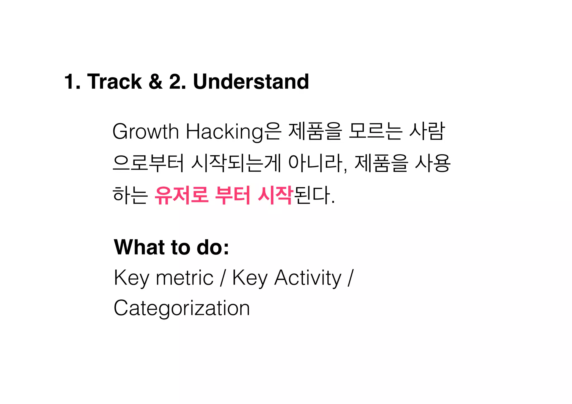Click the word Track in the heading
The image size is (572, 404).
[115, 81]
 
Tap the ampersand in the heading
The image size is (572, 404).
[156, 81]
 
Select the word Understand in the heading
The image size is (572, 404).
[251, 81]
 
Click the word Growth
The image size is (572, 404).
[145, 132]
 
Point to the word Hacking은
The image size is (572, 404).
[233, 132]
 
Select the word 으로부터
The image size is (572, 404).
[148, 163]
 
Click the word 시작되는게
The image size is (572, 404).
[236, 163]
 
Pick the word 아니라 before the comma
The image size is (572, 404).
[316, 163]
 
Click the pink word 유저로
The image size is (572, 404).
[182, 195]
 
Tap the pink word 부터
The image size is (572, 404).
[233, 195]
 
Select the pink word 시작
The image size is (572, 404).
[275, 195]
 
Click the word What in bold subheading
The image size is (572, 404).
[139, 247]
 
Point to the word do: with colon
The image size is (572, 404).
[213, 247]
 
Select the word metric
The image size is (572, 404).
[185, 278]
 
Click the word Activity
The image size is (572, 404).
[308, 278]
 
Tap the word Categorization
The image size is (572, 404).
[182, 308]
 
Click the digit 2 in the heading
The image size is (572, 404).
[175, 81]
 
